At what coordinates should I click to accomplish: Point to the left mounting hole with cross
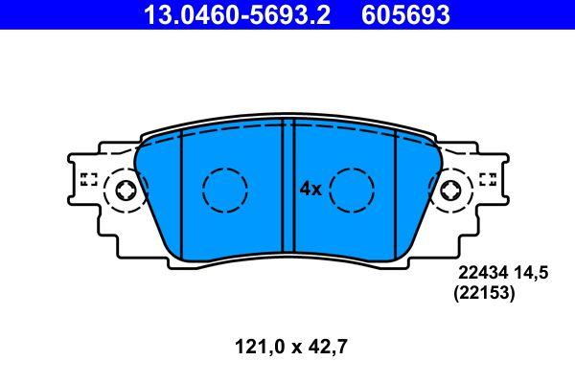pos(125,191)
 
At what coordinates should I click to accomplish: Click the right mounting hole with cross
pos(450,191)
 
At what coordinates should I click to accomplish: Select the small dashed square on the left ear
pos(88,178)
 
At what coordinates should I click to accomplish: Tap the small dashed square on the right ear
pos(487,178)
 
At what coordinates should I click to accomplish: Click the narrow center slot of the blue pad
pos(287,191)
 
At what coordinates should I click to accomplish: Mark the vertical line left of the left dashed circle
pos(179,191)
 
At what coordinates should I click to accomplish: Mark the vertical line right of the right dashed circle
pos(396,191)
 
